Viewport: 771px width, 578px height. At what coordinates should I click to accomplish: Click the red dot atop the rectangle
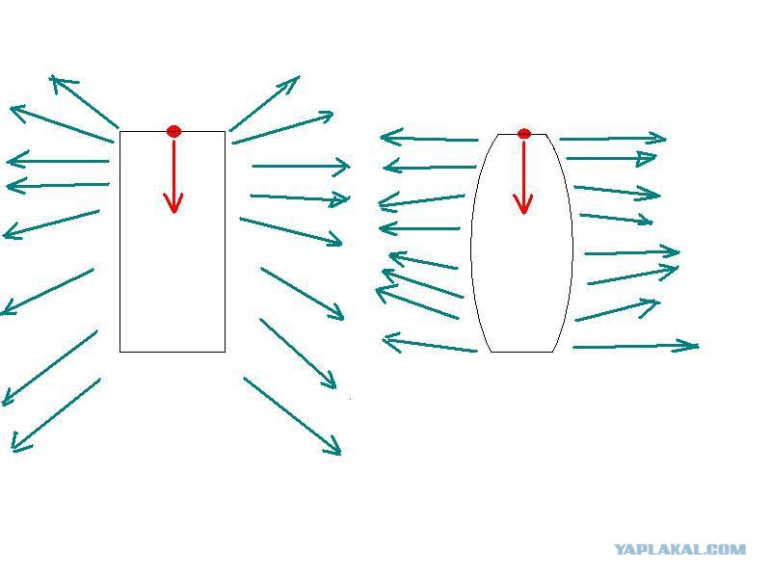(x=174, y=131)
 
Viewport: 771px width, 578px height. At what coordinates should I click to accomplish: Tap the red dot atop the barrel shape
(x=524, y=133)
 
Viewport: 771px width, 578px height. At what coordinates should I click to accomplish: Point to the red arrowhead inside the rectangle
(x=173, y=202)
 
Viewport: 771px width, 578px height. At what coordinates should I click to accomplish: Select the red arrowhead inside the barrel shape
(x=523, y=204)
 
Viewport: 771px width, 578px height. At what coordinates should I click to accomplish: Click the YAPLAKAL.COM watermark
(x=680, y=549)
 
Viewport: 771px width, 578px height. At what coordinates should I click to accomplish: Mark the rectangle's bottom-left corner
(x=120, y=352)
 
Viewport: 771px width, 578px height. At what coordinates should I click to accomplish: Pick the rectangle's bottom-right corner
(x=226, y=352)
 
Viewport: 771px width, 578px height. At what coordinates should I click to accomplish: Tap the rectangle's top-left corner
(x=120, y=131)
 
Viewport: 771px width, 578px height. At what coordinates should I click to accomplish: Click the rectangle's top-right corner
(x=226, y=131)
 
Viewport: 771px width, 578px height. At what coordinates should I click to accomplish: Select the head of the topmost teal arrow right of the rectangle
(x=293, y=81)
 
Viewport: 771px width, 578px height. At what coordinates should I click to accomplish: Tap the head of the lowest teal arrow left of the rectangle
(x=16, y=445)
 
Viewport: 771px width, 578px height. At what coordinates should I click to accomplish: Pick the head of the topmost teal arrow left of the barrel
(x=387, y=137)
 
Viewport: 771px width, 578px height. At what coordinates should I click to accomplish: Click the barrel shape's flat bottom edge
(x=522, y=352)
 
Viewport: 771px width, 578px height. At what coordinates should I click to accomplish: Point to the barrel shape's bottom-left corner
(x=492, y=352)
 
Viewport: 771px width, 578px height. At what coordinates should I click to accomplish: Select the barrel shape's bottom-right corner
(x=553, y=352)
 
